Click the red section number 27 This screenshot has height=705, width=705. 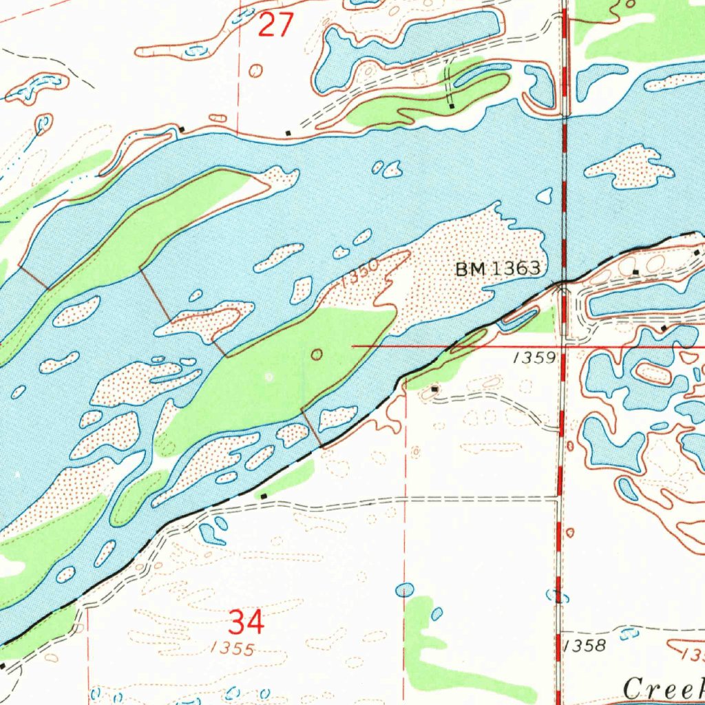(x=276, y=26)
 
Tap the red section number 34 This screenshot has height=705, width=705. (x=246, y=624)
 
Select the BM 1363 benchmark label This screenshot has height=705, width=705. (x=498, y=269)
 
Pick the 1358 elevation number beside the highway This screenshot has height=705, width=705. (x=585, y=645)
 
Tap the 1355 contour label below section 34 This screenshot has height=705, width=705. (x=233, y=649)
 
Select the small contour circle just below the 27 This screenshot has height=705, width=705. (x=256, y=70)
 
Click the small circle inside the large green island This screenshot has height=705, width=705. (x=317, y=355)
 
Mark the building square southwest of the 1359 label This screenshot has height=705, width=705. (x=434, y=390)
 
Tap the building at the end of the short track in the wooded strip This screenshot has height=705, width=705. (x=451, y=107)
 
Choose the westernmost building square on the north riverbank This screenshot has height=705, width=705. (x=181, y=129)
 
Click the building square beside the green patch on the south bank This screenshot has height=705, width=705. (x=264, y=495)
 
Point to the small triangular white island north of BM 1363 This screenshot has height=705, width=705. (x=545, y=196)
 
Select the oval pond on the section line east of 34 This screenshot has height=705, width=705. (x=406, y=589)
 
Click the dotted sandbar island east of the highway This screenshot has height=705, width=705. (x=629, y=167)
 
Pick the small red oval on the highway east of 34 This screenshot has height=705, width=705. (x=569, y=532)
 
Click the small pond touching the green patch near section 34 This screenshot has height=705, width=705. (x=436, y=613)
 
